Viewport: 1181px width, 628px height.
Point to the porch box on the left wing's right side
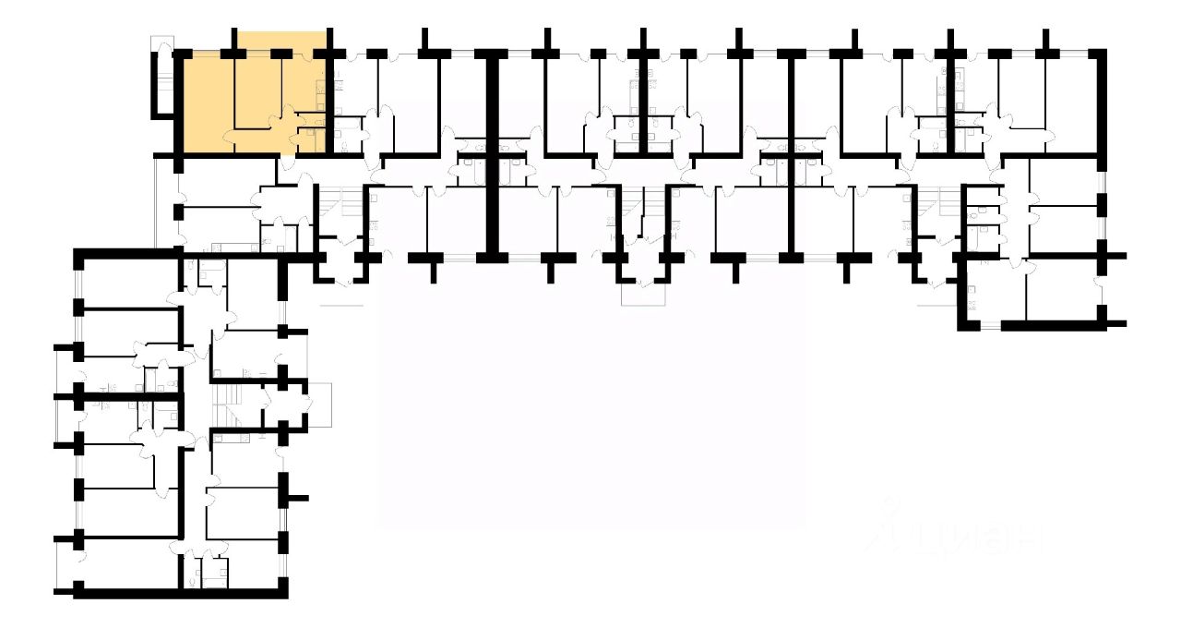click(319, 403)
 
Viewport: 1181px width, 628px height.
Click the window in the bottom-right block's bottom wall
click(989, 325)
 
